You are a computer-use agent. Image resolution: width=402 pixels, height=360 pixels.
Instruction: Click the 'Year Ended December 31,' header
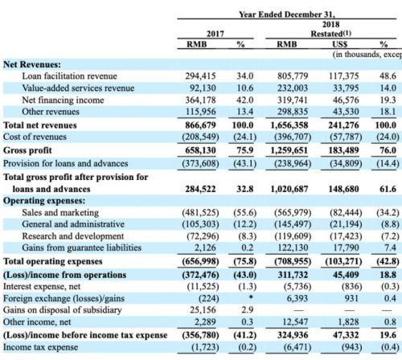pos(287,14)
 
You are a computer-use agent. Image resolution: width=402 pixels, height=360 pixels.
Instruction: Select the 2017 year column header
pos(215,34)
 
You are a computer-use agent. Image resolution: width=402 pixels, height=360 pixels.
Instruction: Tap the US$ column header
pos(340,44)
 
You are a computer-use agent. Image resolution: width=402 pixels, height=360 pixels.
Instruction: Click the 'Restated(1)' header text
pos(330,34)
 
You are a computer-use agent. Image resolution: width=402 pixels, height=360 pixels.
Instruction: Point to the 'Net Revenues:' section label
pos(32,64)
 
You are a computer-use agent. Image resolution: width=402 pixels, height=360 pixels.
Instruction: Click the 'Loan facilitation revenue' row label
pos(70,76)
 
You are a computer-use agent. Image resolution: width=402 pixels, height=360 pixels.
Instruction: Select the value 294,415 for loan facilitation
pos(200,76)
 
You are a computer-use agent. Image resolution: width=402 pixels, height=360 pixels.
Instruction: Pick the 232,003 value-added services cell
pos(293,88)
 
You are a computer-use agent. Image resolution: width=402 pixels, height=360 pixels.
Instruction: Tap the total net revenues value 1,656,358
pos(289,125)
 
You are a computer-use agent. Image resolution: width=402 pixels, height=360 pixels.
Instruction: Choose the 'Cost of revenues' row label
pos(35,137)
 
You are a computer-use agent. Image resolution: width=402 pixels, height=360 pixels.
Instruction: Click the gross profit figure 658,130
pos(200,150)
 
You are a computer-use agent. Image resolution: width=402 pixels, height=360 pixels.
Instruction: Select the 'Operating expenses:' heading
pos(44,201)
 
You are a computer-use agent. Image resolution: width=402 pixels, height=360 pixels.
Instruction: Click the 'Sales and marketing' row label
pos(60,212)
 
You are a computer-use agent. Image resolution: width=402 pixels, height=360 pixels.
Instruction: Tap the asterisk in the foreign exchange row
pos(251,297)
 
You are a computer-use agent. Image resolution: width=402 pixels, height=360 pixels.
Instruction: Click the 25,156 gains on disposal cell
pos(203,310)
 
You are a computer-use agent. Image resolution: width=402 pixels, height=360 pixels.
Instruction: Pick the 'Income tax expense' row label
pos(40,347)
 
